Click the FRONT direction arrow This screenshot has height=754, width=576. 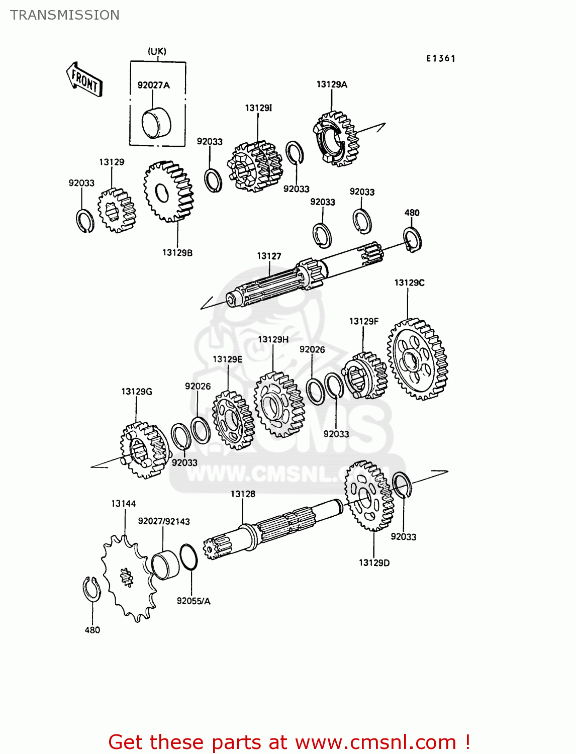84,80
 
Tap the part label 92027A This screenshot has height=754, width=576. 153,85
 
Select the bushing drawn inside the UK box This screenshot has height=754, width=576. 156,123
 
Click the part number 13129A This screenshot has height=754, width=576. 332,84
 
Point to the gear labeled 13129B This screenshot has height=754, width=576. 168,192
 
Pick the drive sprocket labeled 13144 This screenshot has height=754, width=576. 126,578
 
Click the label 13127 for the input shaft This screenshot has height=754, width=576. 269,256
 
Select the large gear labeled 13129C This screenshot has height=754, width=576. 417,359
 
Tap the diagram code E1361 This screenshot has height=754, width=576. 441,58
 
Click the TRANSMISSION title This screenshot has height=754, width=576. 65,15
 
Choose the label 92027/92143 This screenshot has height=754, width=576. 164,521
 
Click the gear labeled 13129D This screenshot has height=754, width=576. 369,496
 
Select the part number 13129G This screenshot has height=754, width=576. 136,391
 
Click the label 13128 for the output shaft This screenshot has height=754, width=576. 243,494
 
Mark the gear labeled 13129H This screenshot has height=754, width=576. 279,404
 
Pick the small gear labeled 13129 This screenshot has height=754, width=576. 117,210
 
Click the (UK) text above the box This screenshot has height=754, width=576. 157,51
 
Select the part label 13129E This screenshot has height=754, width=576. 227,359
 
